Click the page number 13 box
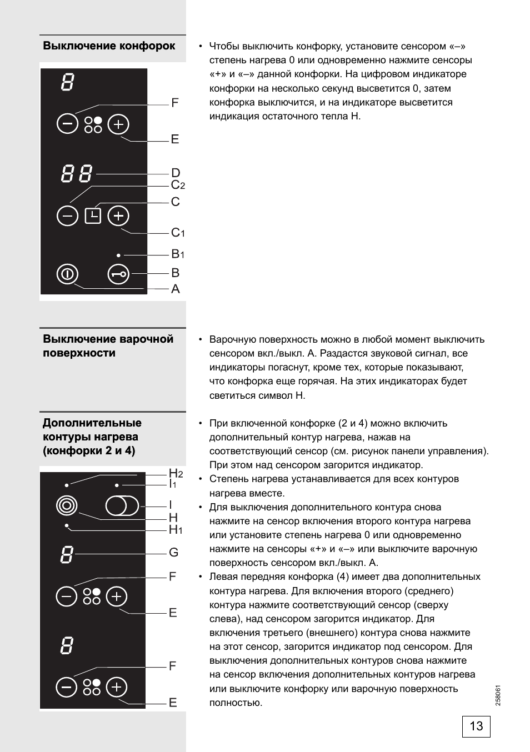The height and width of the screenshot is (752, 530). coord(476,726)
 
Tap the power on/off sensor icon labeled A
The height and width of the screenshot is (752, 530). coord(67,274)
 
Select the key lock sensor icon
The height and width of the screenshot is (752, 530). coord(118,274)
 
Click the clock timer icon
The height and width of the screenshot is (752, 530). coord(93,215)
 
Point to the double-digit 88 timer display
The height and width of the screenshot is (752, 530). coord(77,174)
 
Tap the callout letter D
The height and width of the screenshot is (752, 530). coord(176,173)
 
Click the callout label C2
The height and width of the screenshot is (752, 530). coord(178,186)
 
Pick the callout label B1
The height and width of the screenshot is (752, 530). coord(178,254)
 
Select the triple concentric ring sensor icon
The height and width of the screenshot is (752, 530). coord(67,505)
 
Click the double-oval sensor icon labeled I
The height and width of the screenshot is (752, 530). coord(122,506)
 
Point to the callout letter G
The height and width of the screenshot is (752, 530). coord(174,553)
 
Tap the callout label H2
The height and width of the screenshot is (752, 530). coord(176,474)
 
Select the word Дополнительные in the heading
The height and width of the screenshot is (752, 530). coord(92,423)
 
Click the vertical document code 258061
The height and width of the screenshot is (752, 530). coord(498,695)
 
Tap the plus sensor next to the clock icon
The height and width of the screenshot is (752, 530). coord(118,215)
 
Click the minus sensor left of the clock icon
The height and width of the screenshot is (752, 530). coord(67,215)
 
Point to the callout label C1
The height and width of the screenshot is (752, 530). coord(178,233)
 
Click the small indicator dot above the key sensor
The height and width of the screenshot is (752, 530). coord(118,255)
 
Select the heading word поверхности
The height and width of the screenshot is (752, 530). coord(79,353)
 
